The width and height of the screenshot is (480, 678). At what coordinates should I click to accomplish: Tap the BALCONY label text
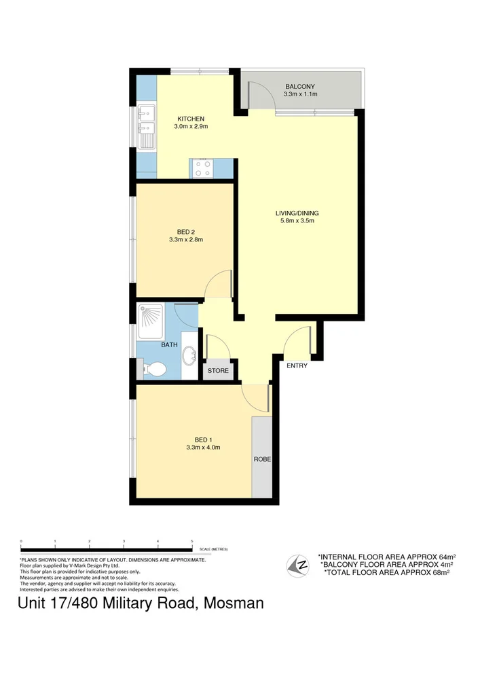299,86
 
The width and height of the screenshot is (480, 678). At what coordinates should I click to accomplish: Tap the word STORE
218,371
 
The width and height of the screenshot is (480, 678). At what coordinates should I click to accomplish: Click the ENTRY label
297,365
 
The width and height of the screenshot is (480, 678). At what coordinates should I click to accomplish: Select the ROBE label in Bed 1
262,459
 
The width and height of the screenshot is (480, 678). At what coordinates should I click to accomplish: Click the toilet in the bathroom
155,370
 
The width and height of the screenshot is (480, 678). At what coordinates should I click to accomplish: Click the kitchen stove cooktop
202,167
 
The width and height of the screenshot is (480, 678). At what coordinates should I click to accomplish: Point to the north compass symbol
296,563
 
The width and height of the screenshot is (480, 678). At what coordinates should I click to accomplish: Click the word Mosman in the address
234,603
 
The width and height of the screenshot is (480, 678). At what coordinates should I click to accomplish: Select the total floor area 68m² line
387,573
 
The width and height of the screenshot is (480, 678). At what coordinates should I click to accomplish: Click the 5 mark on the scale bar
192,540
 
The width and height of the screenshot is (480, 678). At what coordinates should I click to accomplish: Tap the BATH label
169,344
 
